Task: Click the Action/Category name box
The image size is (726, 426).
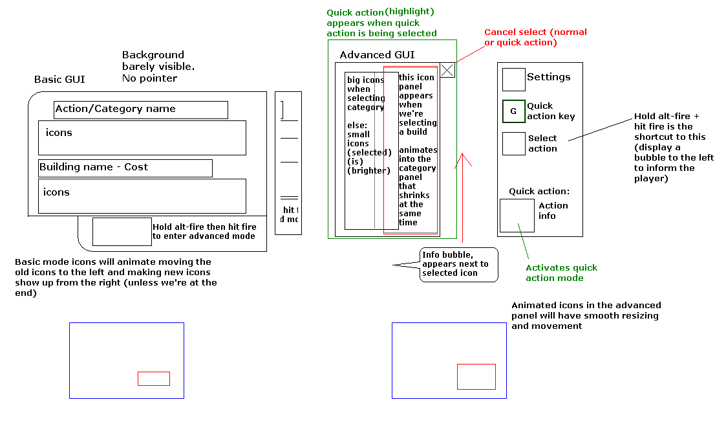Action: click(x=141, y=110)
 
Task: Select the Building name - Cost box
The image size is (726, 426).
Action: click(x=125, y=168)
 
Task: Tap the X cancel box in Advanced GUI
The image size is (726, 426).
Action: click(x=447, y=70)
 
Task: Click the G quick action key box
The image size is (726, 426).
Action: click(x=514, y=111)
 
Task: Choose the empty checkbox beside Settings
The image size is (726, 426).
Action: click(x=514, y=80)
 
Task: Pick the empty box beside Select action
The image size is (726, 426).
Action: click(x=514, y=144)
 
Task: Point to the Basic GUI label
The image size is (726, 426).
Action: click(x=59, y=80)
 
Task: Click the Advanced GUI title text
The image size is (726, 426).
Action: click(x=377, y=55)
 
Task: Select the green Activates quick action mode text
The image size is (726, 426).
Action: click(x=561, y=273)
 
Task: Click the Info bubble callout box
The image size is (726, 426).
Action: click(x=459, y=264)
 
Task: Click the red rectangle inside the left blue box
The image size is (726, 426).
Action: click(x=154, y=379)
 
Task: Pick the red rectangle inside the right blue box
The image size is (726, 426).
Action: click(x=476, y=377)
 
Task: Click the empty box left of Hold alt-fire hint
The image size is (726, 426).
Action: click(x=122, y=232)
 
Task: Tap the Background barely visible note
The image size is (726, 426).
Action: click(x=158, y=67)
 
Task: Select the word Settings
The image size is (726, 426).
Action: click(x=549, y=77)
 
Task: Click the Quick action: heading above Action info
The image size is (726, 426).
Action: click(x=539, y=192)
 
